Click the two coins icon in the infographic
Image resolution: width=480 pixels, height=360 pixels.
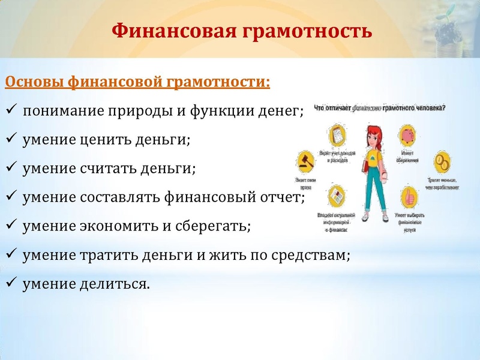(442, 161)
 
